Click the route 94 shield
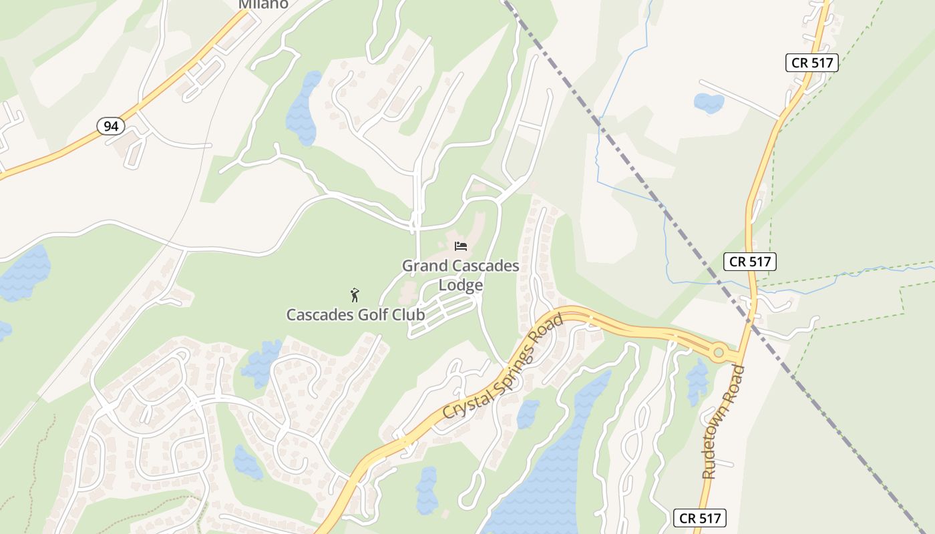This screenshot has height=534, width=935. click(110, 125)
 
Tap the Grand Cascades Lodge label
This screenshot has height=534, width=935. click(460, 275)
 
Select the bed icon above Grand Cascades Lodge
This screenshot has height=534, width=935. click(460, 246)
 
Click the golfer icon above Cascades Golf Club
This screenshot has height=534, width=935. click(355, 294)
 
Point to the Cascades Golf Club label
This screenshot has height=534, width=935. click(355, 314)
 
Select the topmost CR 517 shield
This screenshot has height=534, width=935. click(811, 63)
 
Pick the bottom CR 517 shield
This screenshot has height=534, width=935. click(699, 517)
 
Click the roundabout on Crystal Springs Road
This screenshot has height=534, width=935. click(719, 352)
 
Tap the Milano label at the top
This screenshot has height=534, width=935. click(264, 4)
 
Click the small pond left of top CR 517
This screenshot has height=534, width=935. click(709, 103)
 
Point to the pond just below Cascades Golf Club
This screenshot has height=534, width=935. click(262, 362)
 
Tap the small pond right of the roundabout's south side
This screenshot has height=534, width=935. click(697, 380)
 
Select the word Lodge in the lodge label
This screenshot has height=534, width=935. click(460, 285)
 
